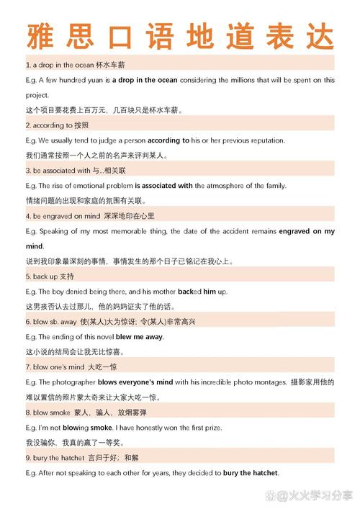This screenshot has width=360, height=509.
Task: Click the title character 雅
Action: click(x=40, y=35)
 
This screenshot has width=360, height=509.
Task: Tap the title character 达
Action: click(x=319, y=35)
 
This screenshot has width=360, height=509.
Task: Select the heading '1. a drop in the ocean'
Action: click(x=64, y=65)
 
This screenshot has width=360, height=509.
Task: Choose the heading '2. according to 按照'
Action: click(x=58, y=125)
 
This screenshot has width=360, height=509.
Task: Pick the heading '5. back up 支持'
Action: click(x=50, y=276)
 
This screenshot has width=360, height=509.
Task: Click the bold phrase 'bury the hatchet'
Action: click(x=251, y=473)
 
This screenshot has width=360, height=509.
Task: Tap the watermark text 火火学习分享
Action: click(x=318, y=496)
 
